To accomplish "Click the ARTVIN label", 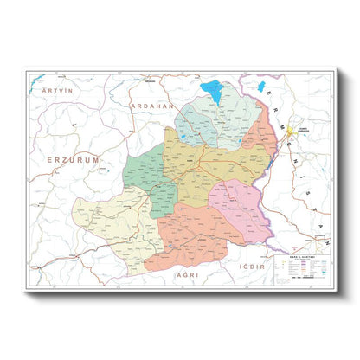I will point(55,89).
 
